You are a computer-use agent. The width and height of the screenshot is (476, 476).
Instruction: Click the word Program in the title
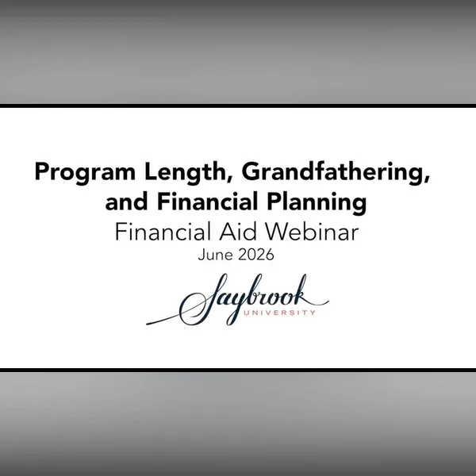86,173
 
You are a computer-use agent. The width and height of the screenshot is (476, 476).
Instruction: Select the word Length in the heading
186,173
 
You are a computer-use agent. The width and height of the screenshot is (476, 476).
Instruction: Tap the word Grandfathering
333,173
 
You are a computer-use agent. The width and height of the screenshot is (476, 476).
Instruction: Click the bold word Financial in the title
208,202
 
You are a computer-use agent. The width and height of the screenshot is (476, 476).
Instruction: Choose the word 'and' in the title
126,202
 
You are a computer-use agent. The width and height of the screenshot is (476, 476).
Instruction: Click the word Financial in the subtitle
163,232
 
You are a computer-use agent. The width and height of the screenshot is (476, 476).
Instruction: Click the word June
215,255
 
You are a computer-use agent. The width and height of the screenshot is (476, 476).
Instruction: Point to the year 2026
256,255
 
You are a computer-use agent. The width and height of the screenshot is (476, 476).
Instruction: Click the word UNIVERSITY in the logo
279,313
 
